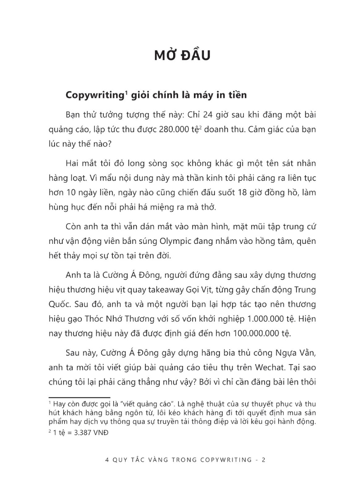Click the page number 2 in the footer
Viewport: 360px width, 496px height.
pos(263,460)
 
